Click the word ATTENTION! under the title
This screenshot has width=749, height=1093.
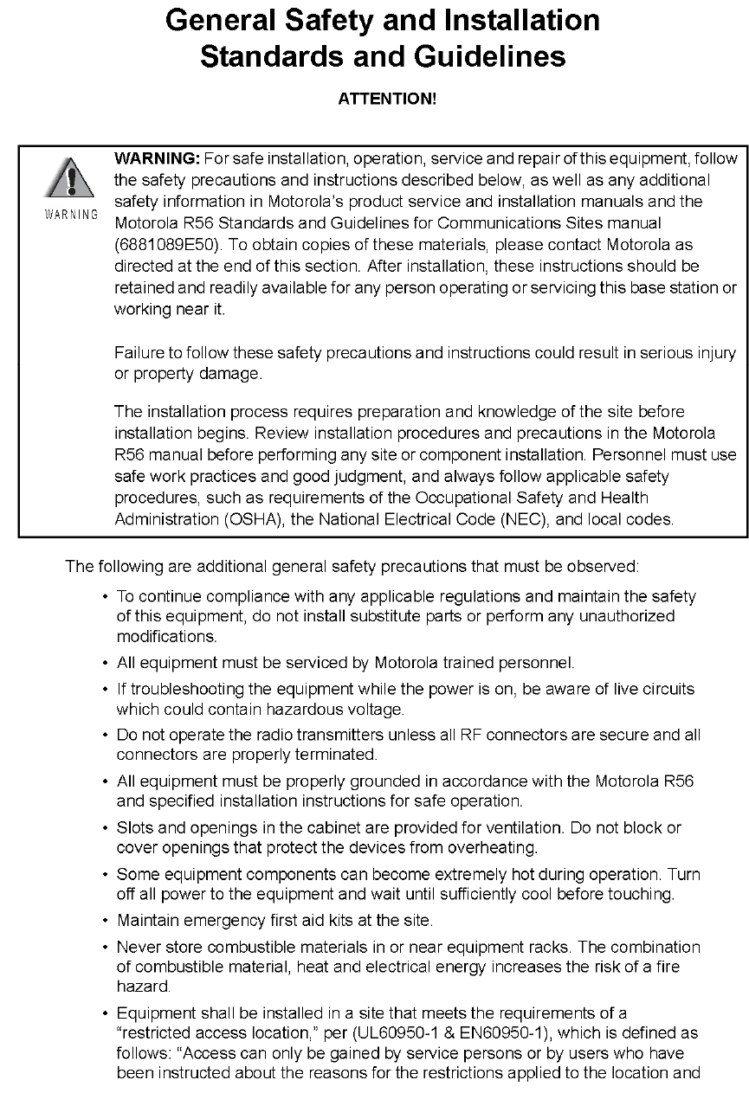coord(387,99)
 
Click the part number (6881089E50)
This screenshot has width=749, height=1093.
coord(162,245)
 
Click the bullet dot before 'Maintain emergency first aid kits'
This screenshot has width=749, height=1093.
coord(105,919)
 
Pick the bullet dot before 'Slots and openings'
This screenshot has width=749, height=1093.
coord(105,828)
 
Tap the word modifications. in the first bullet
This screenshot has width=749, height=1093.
coord(155,637)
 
